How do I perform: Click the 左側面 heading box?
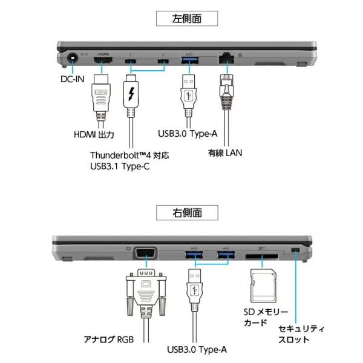tap(186, 18)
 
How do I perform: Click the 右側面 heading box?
tap(186, 212)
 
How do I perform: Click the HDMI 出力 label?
tap(95, 134)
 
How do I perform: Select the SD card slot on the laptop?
tap(262, 256)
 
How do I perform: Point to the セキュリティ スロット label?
tap(301, 334)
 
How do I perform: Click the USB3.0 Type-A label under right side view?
tap(197, 349)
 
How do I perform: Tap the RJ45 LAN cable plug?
tap(226, 91)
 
